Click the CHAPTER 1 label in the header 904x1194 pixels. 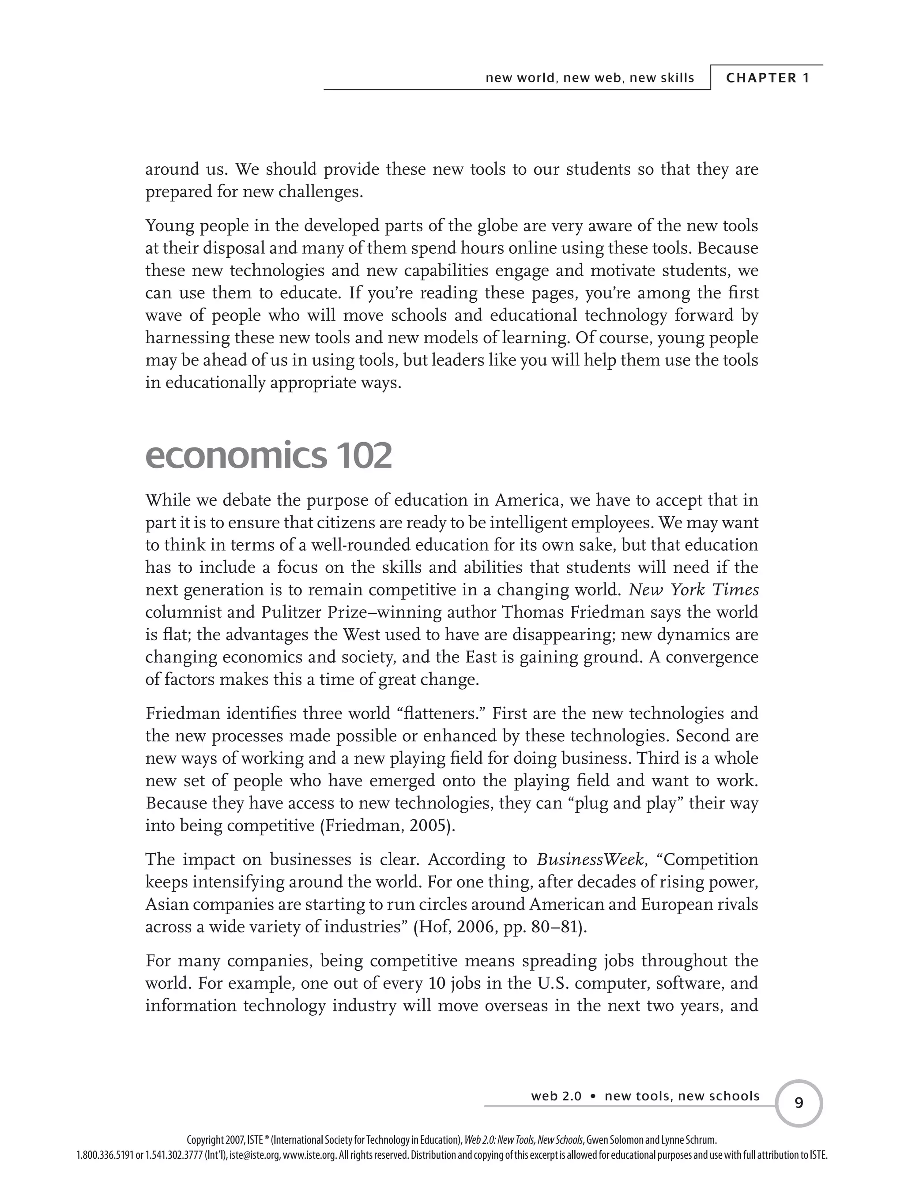pyautogui.click(x=767, y=78)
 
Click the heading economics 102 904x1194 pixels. pyautogui.click(x=268, y=455)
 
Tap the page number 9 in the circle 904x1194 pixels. pyautogui.click(x=799, y=1103)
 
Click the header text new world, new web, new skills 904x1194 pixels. pyautogui.click(x=590, y=78)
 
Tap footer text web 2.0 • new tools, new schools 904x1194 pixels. pyautogui.click(x=645, y=1096)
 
